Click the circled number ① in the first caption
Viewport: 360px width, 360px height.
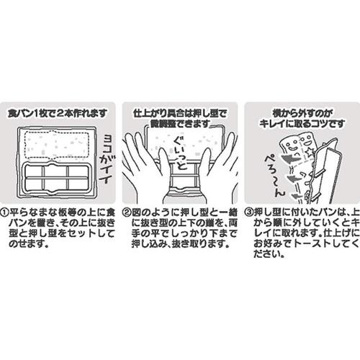coord(6,214)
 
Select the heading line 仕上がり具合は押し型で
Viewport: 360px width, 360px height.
coord(179,114)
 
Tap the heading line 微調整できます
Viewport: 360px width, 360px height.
coord(179,124)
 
